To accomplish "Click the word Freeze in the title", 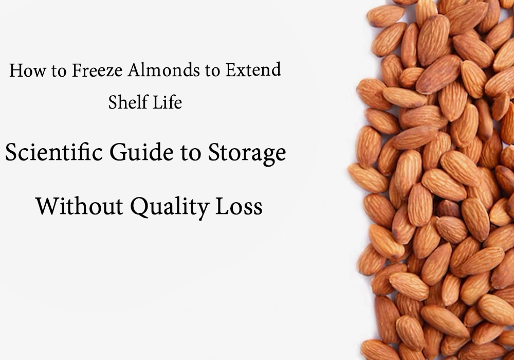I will pyautogui.click(x=95, y=70).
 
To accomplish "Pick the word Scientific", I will pyautogui.click(x=47, y=153).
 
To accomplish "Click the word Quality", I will pyautogui.click(x=168, y=207).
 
